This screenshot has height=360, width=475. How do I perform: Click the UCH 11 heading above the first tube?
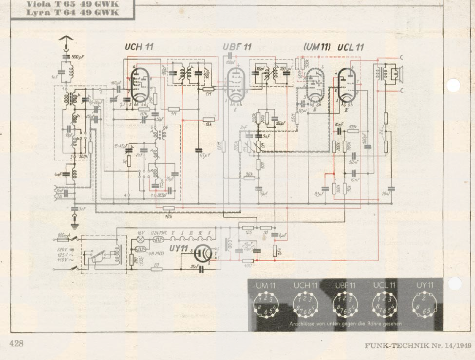click(139, 47)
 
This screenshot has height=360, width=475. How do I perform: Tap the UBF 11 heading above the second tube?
click(237, 47)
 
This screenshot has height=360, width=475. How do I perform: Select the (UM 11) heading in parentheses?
click(317, 47)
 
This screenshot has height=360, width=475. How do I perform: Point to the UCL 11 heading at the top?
click(350, 47)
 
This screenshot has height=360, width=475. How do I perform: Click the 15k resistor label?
click(209, 125)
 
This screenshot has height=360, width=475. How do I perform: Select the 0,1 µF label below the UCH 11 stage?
click(204, 156)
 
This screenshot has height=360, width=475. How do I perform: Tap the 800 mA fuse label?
click(64, 235)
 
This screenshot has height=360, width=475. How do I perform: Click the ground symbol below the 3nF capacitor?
click(75, 224)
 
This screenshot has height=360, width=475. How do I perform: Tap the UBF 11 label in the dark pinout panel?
click(345, 285)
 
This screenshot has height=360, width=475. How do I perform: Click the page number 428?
click(16, 343)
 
